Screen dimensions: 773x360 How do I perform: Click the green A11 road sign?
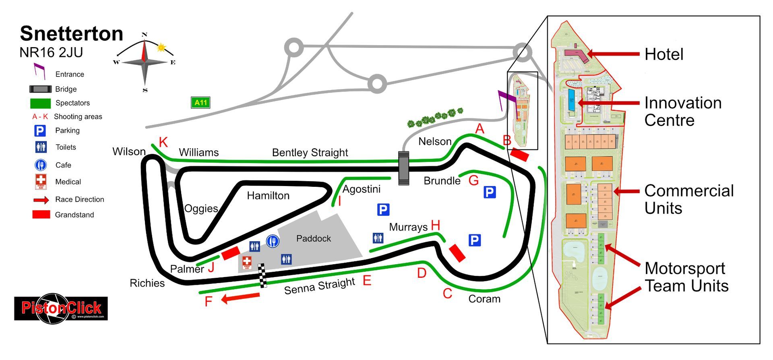200,103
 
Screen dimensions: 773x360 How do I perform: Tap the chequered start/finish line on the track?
262,275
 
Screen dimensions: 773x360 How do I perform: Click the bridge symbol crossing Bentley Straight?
403,168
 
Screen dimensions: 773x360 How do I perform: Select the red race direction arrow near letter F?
241,298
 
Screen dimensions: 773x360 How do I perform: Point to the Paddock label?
313,238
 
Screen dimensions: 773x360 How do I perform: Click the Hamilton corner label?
268,196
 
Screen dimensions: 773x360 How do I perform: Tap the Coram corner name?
484,299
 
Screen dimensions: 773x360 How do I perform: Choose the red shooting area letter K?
163,142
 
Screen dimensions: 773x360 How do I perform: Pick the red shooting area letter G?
473,180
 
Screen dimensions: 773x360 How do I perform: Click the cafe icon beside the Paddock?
273,241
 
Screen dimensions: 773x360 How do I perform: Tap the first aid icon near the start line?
247,263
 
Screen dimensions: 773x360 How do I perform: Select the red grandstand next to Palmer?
231,253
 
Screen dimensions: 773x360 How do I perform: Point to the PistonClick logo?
61,308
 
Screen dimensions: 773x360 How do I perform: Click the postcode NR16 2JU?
51,52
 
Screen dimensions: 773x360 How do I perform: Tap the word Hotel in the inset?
663,54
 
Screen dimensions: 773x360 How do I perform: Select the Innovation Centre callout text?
682,112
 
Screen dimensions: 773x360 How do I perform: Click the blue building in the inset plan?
571,100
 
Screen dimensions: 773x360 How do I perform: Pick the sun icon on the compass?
161,48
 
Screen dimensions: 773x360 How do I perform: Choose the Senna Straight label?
319,286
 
